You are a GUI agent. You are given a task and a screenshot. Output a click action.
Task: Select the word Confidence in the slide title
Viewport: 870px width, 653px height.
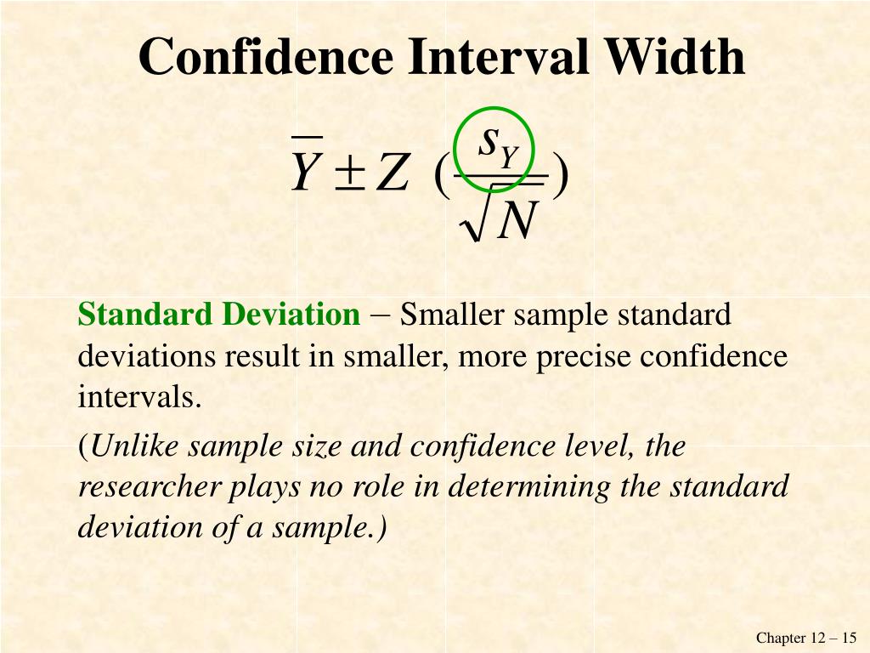click(266, 58)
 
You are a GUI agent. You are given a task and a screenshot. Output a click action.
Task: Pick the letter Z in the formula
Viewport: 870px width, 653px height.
click(392, 173)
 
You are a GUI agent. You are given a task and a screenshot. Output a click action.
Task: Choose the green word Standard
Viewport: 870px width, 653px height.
click(145, 315)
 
